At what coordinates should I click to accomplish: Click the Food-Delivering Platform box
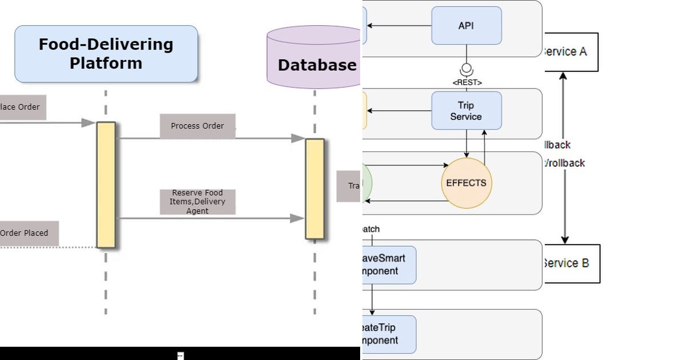click(x=106, y=54)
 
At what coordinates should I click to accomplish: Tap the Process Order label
click(x=197, y=126)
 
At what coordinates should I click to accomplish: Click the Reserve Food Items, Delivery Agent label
click(x=197, y=202)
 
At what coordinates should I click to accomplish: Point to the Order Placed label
click(x=26, y=233)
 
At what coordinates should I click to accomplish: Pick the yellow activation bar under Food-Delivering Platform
click(x=106, y=185)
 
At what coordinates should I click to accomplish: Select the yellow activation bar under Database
click(x=314, y=189)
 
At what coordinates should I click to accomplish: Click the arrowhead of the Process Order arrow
click(x=298, y=138)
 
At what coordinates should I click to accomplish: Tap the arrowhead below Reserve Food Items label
click(x=298, y=218)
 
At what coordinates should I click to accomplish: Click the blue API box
click(x=466, y=26)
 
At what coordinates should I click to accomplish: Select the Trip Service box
click(x=466, y=110)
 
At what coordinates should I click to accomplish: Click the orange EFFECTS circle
click(x=466, y=183)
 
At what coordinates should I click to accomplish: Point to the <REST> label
click(x=466, y=83)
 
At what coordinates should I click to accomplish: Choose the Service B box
click(x=570, y=263)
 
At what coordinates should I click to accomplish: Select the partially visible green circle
click(x=366, y=183)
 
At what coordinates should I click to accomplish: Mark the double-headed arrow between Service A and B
click(x=565, y=158)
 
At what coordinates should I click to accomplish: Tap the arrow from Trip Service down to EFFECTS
click(x=466, y=143)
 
